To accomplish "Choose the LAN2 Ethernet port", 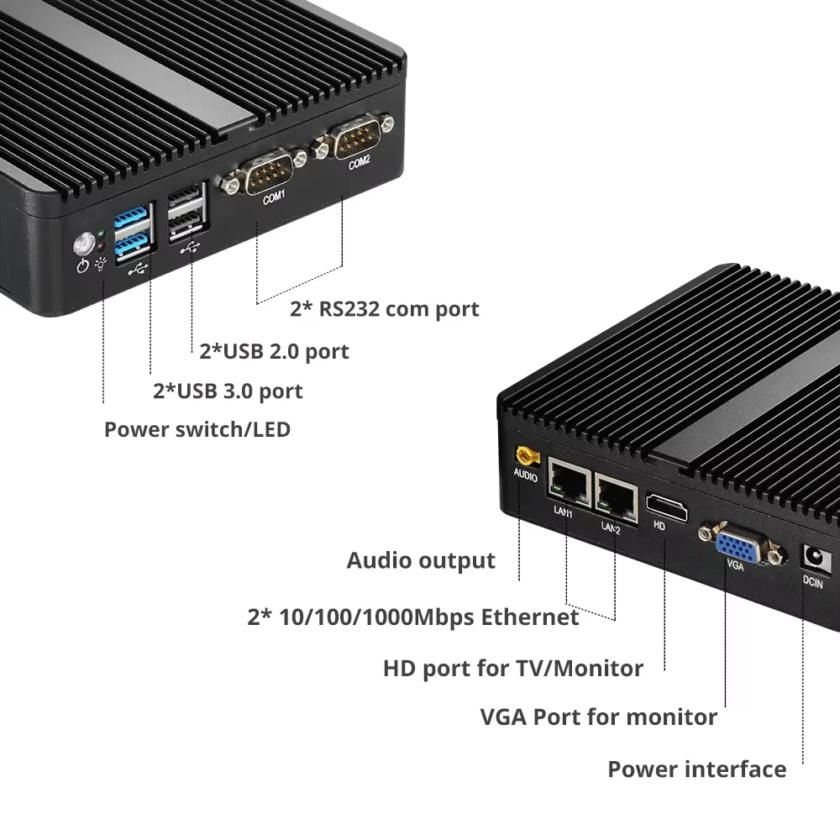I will [615, 496].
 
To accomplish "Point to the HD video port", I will [665, 507].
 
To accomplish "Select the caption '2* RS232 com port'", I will [384, 308].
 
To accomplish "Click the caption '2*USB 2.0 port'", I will [274, 350].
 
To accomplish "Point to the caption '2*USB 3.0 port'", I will [228, 391].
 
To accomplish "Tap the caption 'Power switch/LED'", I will [197, 430].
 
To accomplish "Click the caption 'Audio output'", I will [421, 560].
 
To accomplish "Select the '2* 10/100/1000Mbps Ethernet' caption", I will [412, 617].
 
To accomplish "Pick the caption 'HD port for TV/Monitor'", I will [512, 669].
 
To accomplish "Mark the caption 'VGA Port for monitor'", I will [598, 717].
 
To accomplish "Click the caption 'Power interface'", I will [696, 769].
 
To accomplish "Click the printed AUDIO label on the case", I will [525, 476].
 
